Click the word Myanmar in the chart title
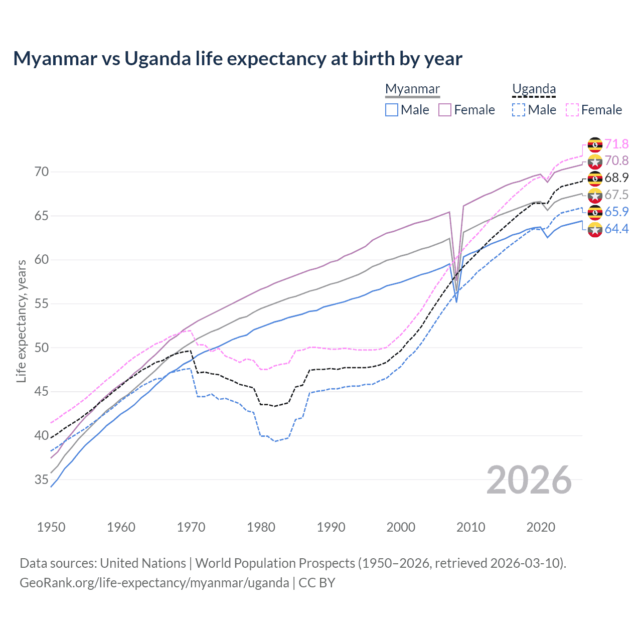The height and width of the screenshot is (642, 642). [x=55, y=59]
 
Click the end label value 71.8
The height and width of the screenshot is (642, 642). [x=616, y=144]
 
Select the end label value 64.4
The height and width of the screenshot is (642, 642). [x=616, y=229]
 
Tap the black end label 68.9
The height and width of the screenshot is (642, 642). [x=616, y=178]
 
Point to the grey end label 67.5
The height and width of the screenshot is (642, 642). [x=616, y=195]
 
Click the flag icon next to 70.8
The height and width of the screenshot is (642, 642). [x=595, y=162]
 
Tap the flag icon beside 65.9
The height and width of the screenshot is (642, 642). [x=595, y=212]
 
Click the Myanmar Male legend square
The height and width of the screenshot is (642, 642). [x=392, y=110]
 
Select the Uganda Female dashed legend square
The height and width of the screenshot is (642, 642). [x=572, y=110]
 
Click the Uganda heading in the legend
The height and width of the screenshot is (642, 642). [x=534, y=89]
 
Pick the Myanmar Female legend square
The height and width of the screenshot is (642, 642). [x=445, y=110]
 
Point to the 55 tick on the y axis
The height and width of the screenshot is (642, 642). [x=42, y=303]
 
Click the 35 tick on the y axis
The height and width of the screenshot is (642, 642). [x=42, y=479]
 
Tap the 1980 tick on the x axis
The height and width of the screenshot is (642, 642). [x=261, y=527]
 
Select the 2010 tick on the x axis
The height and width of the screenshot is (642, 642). [x=471, y=527]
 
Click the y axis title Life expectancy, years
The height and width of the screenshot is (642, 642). [x=22, y=321]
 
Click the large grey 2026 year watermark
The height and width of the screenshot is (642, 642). [x=529, y=480]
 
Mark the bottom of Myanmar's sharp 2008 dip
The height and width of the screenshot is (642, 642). [x=456, y=301]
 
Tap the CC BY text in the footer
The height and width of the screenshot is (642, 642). [x=317, y=583]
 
